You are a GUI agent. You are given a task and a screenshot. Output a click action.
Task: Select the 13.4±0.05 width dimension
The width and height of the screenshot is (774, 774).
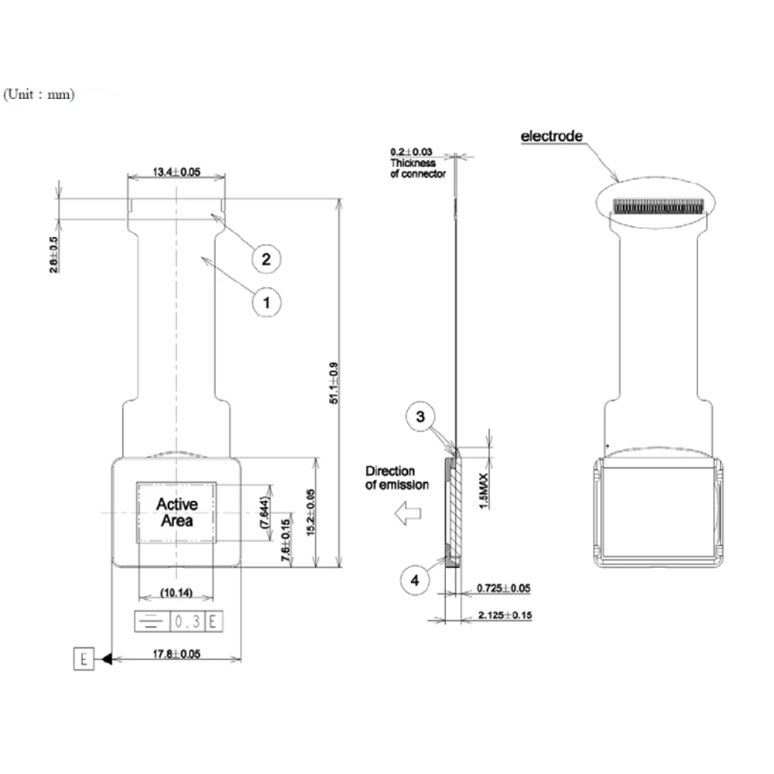(x=176, y=172)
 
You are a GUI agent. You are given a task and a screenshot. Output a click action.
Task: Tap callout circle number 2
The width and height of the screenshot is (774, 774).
(x=265, y=259)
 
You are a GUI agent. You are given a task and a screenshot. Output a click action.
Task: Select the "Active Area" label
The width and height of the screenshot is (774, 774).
(x=177, y=512)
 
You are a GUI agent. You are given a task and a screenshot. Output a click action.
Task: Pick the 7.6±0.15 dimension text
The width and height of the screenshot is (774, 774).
(x=286, y=539)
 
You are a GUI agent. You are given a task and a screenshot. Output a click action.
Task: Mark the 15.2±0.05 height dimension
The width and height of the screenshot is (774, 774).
(x=310, y=512)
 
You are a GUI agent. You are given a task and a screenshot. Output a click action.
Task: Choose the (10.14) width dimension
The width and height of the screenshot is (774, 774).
(x=176, y=594)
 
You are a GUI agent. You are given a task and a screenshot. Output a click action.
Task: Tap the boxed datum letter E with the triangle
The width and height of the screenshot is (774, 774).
(x=84, y=659)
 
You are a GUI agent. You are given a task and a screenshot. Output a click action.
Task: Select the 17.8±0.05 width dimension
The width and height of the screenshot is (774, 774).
(x=176, y=655)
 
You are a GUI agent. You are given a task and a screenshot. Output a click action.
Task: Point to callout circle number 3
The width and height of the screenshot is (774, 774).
(x=419, y=417)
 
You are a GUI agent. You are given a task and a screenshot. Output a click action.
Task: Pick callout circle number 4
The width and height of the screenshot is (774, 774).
(x=415, y=580)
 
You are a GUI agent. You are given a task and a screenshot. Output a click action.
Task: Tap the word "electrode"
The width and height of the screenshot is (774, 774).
(x=551, y=136)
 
